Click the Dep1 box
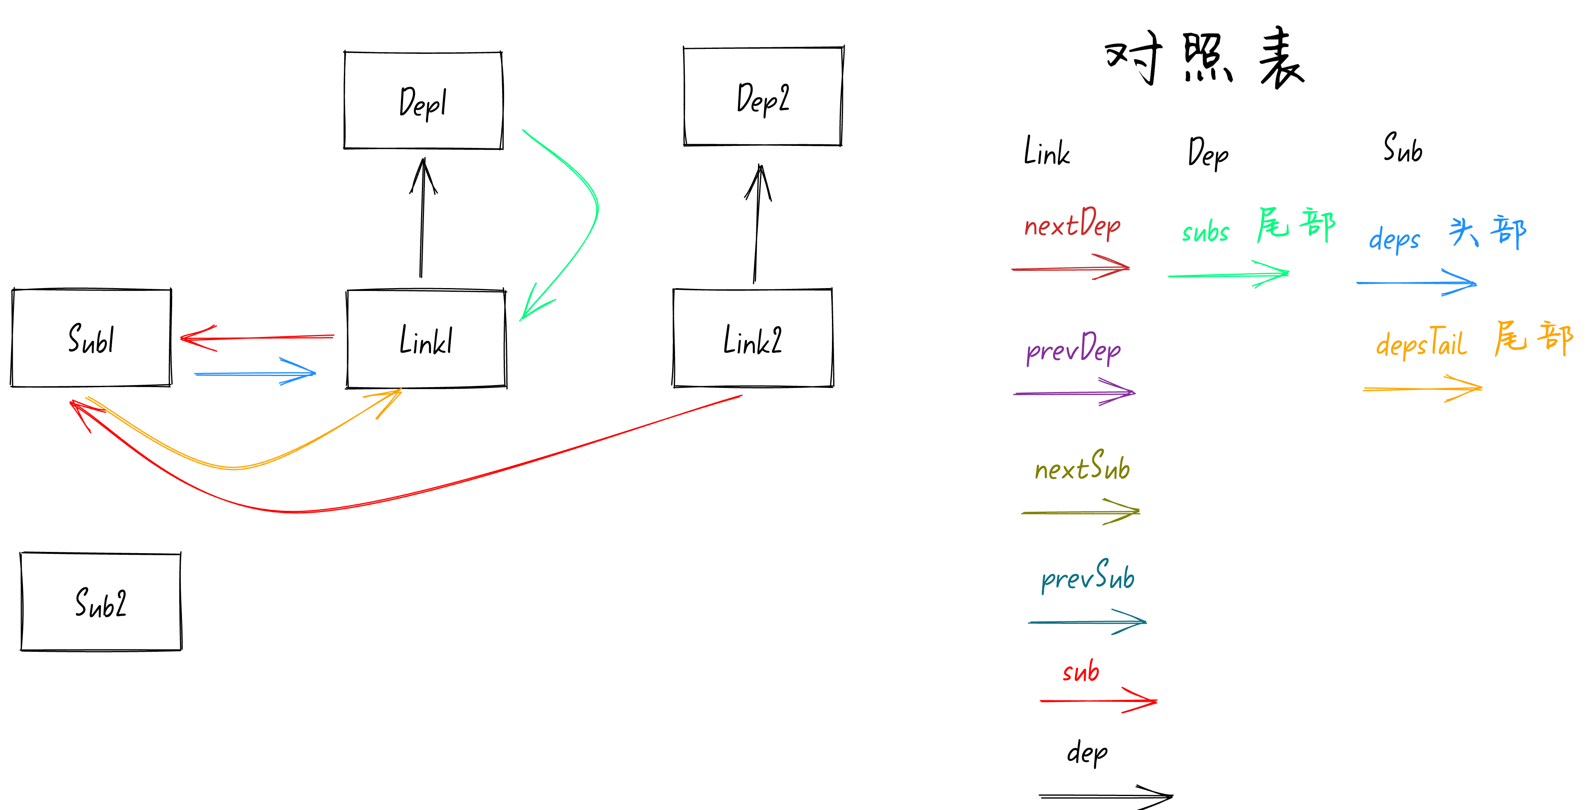pyautogui.click(x=423, y=100)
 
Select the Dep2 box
pyautogui.click(x=763, y=97)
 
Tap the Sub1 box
pyautogui.click(x=92, y=338)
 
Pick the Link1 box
pyautogui.click(x=426, y=339)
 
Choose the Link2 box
pyautogui.click(x=753, y=338)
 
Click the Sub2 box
pyautogui.click(x=101, y=602)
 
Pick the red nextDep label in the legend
pyautogui.click(x=1072, y=224)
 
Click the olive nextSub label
pyautogui.click(x=1082, y=467)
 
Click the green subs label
pyautogui.click(x=1205, y=232)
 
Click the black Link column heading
pyautogui.click(x=1046, y=152)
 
